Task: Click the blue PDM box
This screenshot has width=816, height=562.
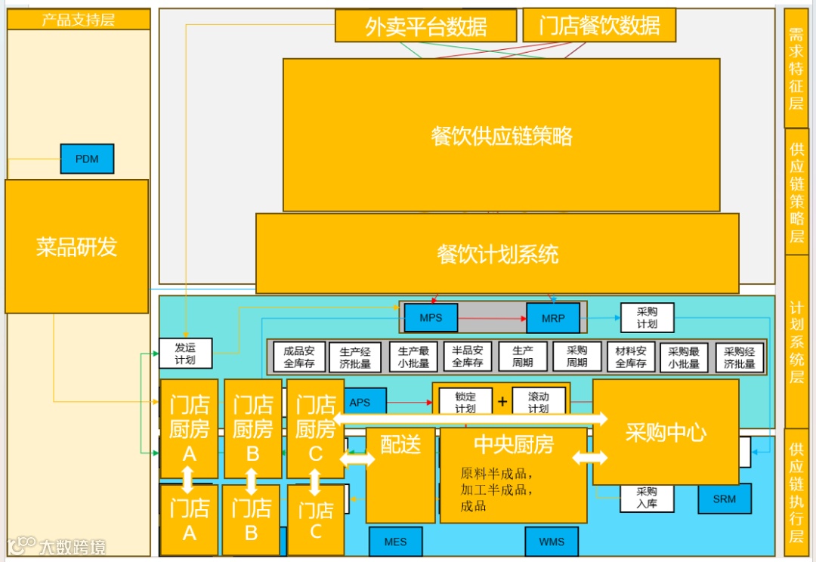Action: (87, 159)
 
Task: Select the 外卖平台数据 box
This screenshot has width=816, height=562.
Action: (425, 26)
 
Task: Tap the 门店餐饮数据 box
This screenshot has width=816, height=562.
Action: (599, 26)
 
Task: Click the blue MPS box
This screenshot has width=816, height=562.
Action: (431, 318)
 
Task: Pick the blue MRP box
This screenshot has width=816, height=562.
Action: (553, 318)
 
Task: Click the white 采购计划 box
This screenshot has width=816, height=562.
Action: (647, 318)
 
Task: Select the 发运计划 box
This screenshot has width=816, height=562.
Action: (185, 354)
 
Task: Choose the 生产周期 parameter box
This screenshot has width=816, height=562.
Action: (523, 357)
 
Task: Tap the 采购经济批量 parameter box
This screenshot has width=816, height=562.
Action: (740, 357)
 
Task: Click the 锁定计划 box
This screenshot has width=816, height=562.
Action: (465, 402)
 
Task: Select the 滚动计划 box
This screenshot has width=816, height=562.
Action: (539, 402)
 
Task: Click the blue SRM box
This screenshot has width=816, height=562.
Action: (724, 499)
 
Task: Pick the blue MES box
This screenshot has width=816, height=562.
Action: (395, 542)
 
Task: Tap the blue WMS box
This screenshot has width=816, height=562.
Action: (552, 542)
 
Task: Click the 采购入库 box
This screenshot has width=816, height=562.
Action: (647, 497)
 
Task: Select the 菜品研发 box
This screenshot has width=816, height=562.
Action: (76, 246)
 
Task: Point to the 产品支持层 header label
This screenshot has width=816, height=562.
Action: (78, 20)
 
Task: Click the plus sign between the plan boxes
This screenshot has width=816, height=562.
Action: (502, 401)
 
